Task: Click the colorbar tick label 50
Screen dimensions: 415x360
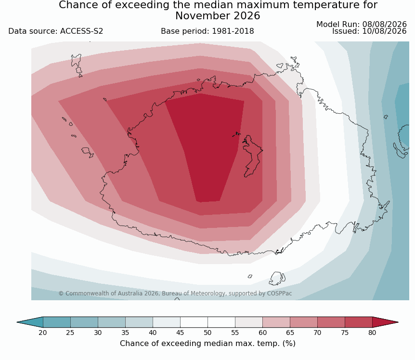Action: [x=207, y=333]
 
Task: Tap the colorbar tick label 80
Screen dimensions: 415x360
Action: [x=372, y=333]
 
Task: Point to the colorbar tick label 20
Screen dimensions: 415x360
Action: [x=43, y=333]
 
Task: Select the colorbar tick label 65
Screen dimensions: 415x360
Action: [x=290, y=333]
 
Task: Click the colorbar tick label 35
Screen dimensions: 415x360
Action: [x=125, y=333]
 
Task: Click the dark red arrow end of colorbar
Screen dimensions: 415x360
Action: [x=385, y=322]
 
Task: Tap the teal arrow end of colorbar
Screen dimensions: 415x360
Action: [x=30, y=322]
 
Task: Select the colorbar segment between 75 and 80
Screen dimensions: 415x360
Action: [x=359, y=322]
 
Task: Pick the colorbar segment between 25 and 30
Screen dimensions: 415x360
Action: [x=84, y=322]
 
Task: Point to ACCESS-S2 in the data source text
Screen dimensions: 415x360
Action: [x=81, y=31]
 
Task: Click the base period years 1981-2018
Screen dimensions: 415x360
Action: [x=233, y=31]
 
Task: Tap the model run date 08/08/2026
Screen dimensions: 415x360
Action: [x=384, y=25]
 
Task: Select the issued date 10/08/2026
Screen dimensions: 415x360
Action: [x=384, y=31]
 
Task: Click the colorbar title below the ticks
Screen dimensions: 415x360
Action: [x=207, y=344]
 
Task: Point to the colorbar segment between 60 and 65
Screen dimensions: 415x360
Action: [x=276, y=322]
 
